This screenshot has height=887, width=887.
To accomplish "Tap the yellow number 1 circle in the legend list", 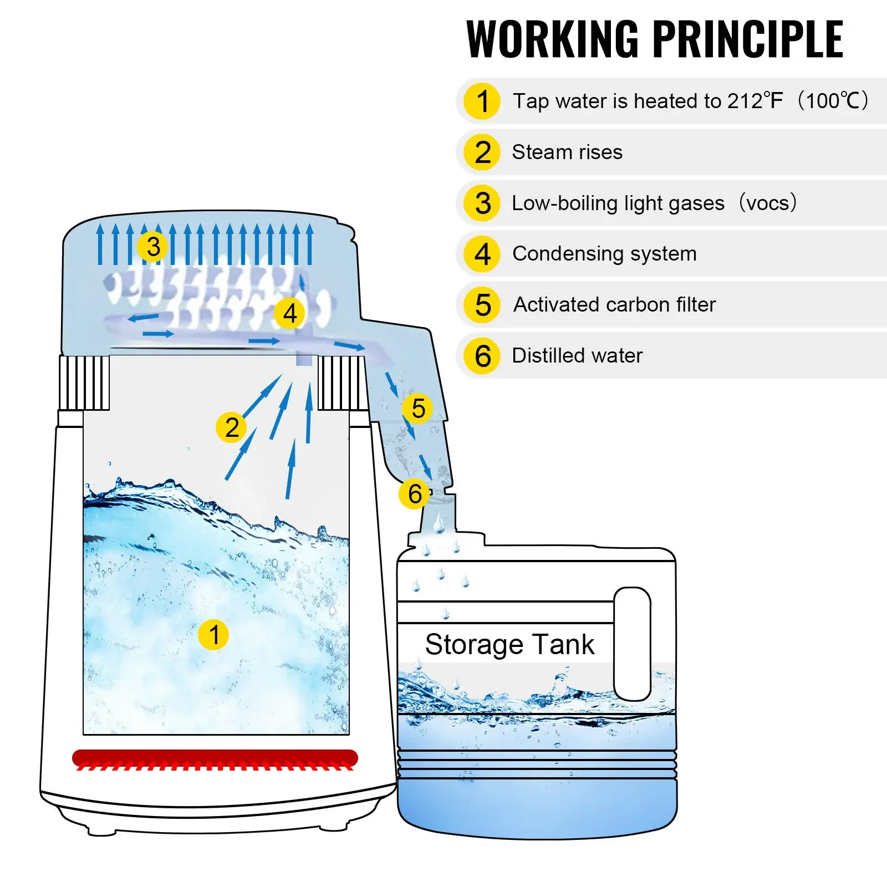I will (x=482, y=101).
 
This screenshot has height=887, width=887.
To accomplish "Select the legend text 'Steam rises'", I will (x=567, y=152).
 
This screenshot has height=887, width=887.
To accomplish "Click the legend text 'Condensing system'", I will (x=604, y=253).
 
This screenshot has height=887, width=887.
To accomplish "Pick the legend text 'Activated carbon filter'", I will (x=614, y=304).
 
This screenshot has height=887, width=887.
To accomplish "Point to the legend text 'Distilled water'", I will (x=577, y=355).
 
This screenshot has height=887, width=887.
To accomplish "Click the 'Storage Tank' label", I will (x=509, y=644).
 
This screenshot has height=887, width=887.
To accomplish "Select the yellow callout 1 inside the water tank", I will (x=213, y=635).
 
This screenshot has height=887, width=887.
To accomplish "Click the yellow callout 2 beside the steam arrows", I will (x=232, y=427).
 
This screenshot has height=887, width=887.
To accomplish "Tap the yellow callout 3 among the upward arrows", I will (x=153, y=247).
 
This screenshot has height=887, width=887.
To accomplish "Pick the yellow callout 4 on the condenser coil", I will (x=289, y=313).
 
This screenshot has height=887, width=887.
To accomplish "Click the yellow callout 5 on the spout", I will (x=418, y=409).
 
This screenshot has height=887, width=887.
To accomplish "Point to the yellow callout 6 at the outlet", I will (x=415, y=494).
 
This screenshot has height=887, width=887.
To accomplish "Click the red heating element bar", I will (x=215, y=757).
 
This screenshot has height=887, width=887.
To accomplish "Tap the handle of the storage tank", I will (x=632, y=643).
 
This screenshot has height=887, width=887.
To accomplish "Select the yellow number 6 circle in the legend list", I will (x=482, y=355).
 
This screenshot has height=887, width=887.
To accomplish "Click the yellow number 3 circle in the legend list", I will (x=482, y=203).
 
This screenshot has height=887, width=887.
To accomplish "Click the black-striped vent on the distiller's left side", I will (x=84, y=383).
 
